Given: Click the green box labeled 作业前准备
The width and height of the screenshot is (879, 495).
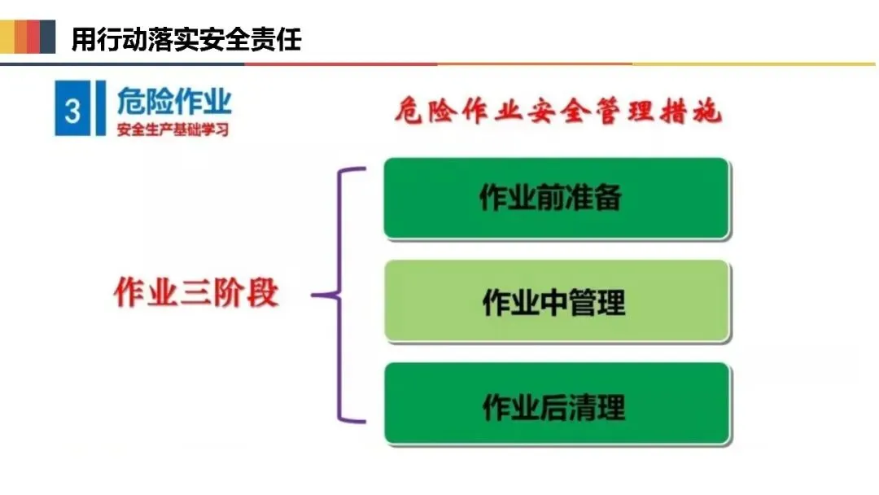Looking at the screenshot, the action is coord(557,199).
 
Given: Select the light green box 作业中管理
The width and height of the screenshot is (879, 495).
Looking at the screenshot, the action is coord(557,301).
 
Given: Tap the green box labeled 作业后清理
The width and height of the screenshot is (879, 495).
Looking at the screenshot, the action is coord(557,405).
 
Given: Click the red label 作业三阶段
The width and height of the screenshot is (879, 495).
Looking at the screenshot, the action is coord(196,294).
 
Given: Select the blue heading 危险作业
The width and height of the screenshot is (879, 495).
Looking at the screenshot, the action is coord(174,102).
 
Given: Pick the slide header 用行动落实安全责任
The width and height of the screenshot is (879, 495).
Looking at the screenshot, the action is coord(186,38).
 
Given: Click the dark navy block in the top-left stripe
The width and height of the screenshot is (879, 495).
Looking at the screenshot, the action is coord(47,37).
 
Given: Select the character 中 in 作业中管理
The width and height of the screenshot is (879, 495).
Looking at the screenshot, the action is coord(553,302).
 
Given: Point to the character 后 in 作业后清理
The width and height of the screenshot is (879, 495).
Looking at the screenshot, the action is coord(553,405).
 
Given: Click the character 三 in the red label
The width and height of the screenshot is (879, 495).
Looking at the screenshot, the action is coord(195,294).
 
